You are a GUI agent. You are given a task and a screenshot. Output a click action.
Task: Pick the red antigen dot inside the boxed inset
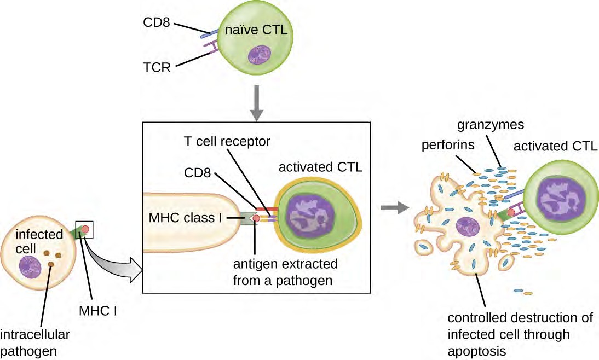pos(256,219)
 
